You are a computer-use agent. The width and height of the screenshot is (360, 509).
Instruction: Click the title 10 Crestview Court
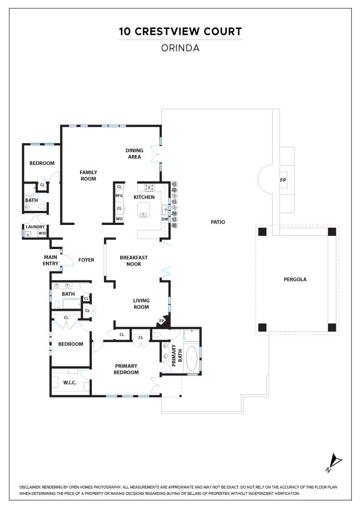coord(180,31)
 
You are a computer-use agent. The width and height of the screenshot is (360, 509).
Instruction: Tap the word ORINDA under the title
coord(180,48)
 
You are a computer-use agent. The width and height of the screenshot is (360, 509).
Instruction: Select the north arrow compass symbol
coord(334,463)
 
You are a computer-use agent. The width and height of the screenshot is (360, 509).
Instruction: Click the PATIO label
coord(218,222)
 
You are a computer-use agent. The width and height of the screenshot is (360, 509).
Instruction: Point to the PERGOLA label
coord(295,279)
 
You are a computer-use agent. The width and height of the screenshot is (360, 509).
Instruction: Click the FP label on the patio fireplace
coord(283,180)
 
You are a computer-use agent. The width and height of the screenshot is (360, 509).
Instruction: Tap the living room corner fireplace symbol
coord(162,321)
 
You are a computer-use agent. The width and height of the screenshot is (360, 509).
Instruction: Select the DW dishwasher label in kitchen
coord(165,219)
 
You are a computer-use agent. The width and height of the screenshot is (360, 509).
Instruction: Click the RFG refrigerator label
coord(119,196)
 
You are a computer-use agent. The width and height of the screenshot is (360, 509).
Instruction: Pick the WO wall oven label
coord(119,219)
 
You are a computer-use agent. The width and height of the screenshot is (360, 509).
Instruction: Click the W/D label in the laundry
coord(42,234)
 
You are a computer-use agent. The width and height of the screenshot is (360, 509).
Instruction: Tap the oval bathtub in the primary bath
coord(192,359)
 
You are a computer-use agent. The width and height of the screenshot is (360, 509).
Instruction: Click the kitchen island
coord(143,210)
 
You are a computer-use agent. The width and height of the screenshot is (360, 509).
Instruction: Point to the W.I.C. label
coord(70,383)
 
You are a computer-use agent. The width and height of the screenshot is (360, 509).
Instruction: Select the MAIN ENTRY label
coord(50,260)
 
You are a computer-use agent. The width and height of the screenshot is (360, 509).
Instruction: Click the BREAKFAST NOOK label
coord(134,261)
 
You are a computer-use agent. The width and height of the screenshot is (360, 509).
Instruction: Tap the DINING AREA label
coord(135,154)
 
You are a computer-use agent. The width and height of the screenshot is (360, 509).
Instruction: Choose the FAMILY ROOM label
coord(88,175)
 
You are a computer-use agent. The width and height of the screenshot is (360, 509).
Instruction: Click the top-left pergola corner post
coord(262,232)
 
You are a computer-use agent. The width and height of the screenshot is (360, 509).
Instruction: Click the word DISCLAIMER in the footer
coord(30,487)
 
